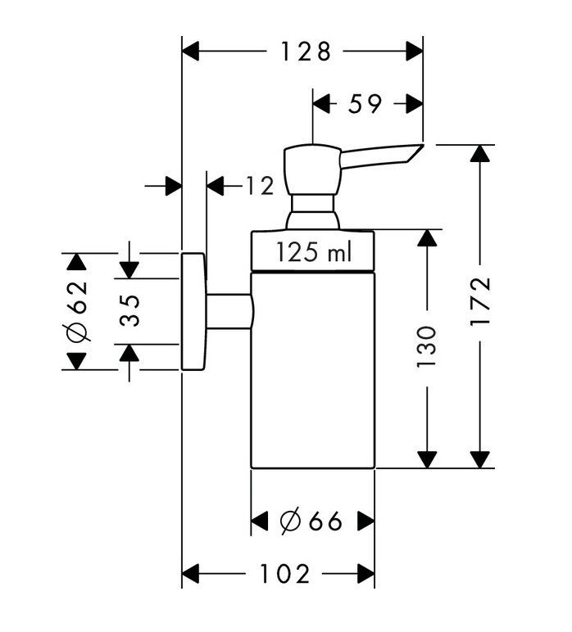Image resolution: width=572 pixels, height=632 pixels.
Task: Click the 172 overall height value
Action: click(480, 303)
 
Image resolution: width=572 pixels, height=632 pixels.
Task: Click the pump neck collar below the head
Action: click(312, 211)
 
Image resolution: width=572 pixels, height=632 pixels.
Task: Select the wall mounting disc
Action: click(193, 311)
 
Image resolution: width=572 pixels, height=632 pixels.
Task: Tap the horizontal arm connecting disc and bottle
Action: click(229, 311)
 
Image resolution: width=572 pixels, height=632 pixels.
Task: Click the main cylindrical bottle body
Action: click(312, 368)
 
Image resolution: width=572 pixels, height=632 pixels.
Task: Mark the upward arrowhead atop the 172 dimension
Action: click(482, 154)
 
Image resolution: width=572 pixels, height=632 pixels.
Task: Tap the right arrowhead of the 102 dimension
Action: click(365, 574)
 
